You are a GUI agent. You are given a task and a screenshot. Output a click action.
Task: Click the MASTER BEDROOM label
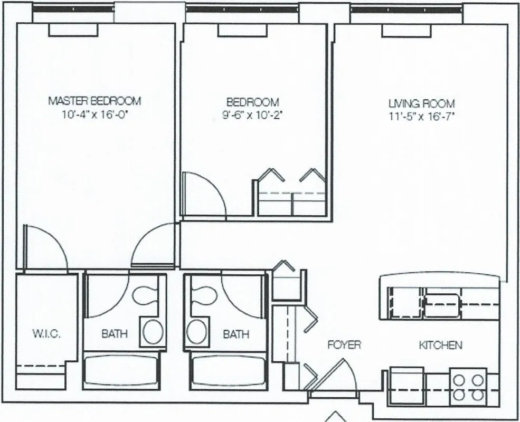[x=94, y=100]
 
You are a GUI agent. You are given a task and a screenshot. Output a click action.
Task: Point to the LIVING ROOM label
[x=421, y=104]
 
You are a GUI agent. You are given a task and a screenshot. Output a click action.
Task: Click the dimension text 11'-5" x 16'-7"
[x=421, y=117]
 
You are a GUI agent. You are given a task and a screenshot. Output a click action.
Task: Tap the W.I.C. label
[x=46, y=333]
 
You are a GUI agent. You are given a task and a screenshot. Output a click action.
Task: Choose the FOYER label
[x=344, y=345]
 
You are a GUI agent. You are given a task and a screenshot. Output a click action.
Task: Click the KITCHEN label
[x=440, y=346]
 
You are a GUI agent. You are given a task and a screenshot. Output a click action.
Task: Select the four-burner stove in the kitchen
[x=467, y=387]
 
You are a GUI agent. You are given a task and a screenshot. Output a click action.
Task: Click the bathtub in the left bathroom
[x=121, y=371]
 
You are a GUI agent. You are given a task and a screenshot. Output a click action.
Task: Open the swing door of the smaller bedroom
[x=203, y=195]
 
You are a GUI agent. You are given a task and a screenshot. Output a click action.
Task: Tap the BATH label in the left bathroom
[x=114, y=333]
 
